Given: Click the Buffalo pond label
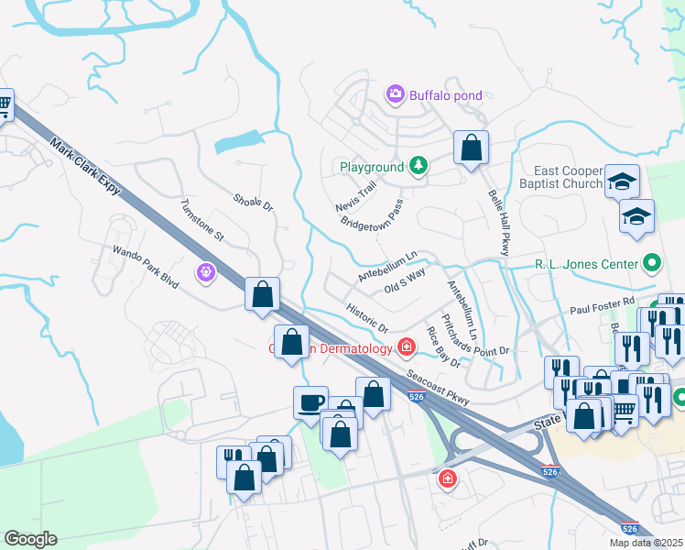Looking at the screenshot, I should point(445,95).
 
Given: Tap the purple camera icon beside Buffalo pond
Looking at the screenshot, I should point(396,93).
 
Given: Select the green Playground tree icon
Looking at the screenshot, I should point(418,165).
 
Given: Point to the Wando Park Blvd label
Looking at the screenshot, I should point(145,264).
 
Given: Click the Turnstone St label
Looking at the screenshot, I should point(202,220).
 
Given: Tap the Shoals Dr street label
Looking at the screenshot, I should point(254,203).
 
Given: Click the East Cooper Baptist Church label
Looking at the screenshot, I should point(569,178).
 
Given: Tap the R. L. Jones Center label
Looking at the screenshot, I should point(585,264).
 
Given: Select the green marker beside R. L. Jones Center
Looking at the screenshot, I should point(651,264).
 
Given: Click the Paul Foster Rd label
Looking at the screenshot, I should point(601,301).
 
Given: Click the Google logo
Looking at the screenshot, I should point(30,539).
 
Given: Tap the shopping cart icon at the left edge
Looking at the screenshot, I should point(5,106).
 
